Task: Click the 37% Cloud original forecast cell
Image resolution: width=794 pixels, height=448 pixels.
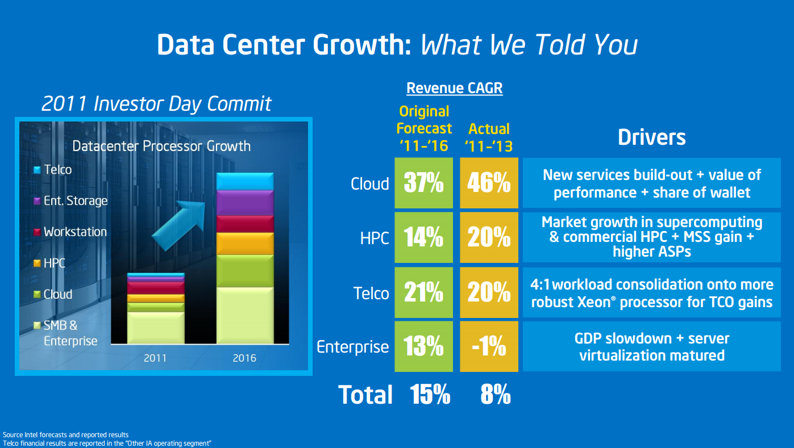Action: pyautogui.click(x=424, y=183)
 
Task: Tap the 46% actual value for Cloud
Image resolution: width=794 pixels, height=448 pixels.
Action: pyautogui.click(x=489, y=183)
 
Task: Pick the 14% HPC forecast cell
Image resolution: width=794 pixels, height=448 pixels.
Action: pyautogui.click(x=424, y=238)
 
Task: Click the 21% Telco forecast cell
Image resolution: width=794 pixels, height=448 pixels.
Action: pyautogui.click(x=424, y=293)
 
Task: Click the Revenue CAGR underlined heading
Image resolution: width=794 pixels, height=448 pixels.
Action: pyautogui.click(x=454, y=88)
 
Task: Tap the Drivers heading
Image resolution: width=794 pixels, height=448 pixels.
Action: pyautogui.click(x=651, y=137)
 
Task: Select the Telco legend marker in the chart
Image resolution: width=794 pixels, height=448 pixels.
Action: pyautogui.click(x=37, y=170)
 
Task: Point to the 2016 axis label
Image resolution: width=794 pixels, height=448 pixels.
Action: pyautogui.click(x=244, y=358)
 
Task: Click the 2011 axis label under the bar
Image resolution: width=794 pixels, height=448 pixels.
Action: pyautogui.click(x=155, y=358)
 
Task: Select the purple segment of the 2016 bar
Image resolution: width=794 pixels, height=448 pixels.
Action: pyautogui.click(x=245, y=203)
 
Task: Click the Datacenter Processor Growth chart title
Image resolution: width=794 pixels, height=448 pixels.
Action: pyautogui.click(x=161, y=146)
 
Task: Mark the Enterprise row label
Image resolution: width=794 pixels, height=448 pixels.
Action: pyautogui.click(x=352, y=347)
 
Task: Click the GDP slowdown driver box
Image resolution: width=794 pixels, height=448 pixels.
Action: pyautogui.click(x=651, y=347)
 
